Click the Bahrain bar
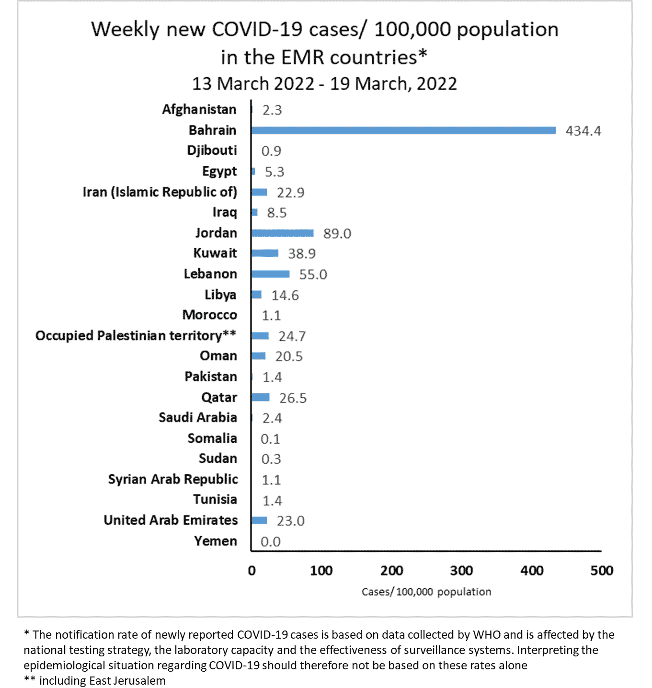click(x=403, y=130)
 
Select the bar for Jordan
click(x=283, y=233)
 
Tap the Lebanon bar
click(x=271, y=274)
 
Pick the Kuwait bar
click(x=265, y=253)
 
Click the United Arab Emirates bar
click(x=259, y=520)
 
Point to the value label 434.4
click(x=583, y=131)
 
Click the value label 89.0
click(x=337, y=234)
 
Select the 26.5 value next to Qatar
click(x=293, y=398)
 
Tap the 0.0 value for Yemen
click(x=271, y=542)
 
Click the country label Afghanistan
click(x=199, y=110)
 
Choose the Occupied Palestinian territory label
click(x=136, y=335)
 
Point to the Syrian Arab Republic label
click(x=173, y=479)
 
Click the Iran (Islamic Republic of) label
click(x=160, y=192)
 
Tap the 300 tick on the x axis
click(x=461, y=571)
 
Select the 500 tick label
click(x=602, y=571)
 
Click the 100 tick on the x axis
click(x=321, y=571)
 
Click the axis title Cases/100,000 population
click(x=426, y=592)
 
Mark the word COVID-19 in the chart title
click(x=257, y=30)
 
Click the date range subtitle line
click(x=324, y=84)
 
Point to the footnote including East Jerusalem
click(x=95, y=681)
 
